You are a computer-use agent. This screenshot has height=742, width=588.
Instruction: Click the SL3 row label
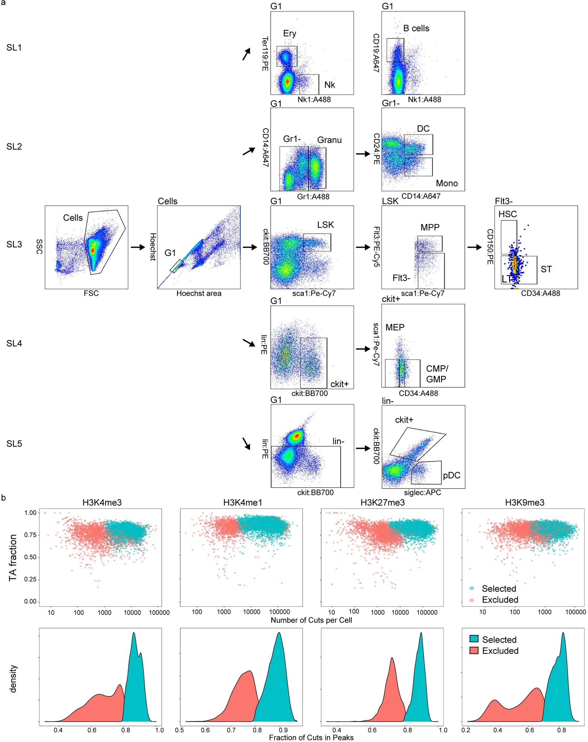point(14,245)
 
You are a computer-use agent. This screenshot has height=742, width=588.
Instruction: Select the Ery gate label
point(289,33)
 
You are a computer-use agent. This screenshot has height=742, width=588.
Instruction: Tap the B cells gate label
point(416,28)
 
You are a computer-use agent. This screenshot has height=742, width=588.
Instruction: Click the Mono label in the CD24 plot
point(446,183)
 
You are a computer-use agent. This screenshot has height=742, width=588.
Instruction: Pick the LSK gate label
point(325,225)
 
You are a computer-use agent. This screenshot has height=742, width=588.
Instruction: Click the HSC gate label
point(507,214)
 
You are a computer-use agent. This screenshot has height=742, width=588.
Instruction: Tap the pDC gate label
point(451,475)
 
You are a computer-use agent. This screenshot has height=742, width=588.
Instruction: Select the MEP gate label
point(395,327)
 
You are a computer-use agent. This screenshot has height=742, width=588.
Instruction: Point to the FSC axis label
point(91,293)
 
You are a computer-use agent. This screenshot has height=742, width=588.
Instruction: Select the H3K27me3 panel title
point(382,502)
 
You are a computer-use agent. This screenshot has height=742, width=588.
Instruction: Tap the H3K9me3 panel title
point(524,502)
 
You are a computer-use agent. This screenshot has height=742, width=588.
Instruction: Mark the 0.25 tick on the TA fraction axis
point(30,580)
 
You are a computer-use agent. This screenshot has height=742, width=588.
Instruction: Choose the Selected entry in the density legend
point(499,640)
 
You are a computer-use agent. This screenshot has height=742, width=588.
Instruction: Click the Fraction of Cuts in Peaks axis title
point(311,737)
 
